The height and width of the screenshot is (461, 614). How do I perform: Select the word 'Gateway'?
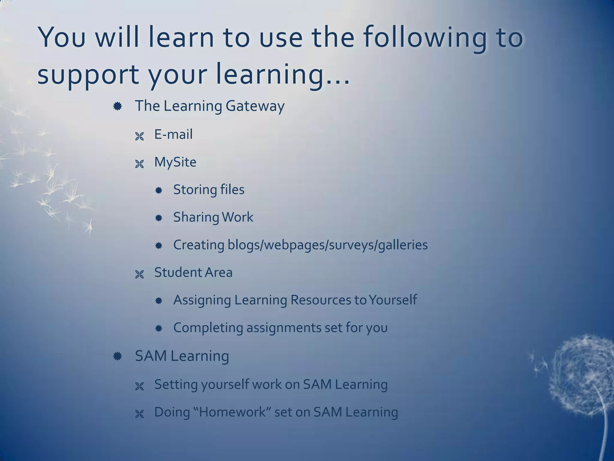(255, 106)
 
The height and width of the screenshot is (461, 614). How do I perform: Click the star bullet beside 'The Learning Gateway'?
(118, 106)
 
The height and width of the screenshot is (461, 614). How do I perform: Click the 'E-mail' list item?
(173, 134)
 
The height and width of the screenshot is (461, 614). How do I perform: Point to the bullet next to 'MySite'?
(139, 164)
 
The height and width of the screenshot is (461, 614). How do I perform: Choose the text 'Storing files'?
(209, 190)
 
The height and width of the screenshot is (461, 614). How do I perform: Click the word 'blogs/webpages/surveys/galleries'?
(327, 245)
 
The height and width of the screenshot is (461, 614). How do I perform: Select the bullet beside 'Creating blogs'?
(159, 246)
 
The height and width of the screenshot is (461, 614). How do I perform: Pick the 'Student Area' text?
(193, 273)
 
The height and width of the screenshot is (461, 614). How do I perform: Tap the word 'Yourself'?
(393, 300)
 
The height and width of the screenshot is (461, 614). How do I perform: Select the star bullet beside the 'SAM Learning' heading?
(118, 356)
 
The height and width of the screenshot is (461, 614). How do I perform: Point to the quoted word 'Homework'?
(232, 412)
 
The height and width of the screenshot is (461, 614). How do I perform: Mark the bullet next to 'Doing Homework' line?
(139, 414)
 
